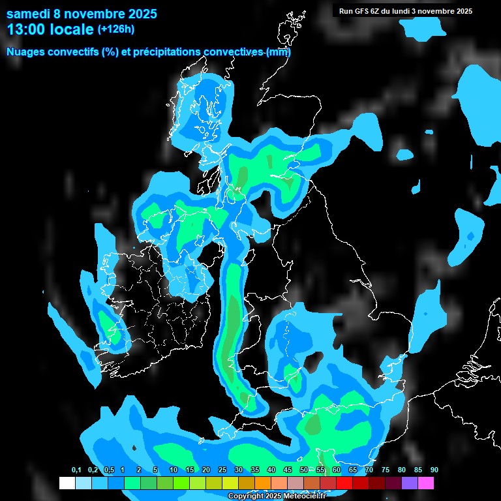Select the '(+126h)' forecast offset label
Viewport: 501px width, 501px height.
(x=117, y=29)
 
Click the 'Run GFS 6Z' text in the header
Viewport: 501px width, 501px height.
(x=358, y=11)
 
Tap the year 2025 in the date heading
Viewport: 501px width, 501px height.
(x=140, y=14)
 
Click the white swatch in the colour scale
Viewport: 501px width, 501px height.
(x=67, y=483)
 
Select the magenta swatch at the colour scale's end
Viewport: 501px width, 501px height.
(x=426, y=483)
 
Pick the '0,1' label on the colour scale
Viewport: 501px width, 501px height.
(x=76, y=470)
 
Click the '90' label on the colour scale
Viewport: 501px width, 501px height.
(x=434, y=470)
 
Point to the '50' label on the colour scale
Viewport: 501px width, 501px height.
(x=304, y=470)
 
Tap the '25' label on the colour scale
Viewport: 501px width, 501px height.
(x=222, y=470)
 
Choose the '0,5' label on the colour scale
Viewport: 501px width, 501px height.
(x=109, y=470)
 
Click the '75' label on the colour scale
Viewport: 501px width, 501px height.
(x=385, y=470)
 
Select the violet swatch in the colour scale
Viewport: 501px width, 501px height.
(x=410, y=483)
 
